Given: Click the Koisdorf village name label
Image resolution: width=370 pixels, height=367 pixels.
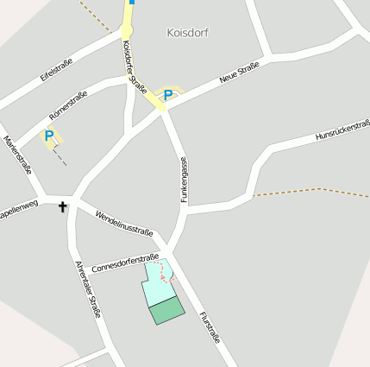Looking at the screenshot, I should pyautogui.click(x=187, y=33).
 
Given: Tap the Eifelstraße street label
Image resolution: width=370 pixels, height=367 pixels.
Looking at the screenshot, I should pyautogui.click(x=57, y=70).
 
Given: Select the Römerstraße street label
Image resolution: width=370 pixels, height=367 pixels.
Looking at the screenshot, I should pyautogui.click(x=69, y=103).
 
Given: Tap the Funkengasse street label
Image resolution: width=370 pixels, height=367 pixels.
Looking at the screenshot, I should pyautogui.click(x=184, y=180).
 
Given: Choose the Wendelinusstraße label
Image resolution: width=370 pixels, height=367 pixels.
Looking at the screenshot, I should pyautogui.click(x=124, y=222).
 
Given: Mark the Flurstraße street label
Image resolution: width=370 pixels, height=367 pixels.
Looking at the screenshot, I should pyautogui.click(x=210, y=327).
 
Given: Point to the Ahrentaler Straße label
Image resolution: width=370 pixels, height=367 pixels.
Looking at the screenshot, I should pyautogui.click(x=88, y=288).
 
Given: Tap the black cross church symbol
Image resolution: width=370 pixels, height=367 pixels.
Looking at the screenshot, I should pyautogui.click(x=63, y=206).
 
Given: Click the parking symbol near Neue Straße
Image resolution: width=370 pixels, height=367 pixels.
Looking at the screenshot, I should pyautogui.click(x=168, y=95).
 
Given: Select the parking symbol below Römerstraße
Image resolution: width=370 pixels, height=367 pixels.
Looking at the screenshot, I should pyautogui.click(x=49, y=136).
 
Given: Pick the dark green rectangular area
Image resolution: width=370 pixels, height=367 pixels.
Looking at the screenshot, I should pyautogui.click(x=167, y=310).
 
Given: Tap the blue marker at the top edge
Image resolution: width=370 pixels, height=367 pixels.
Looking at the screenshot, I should pyautogui.click(x=131, y=3).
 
